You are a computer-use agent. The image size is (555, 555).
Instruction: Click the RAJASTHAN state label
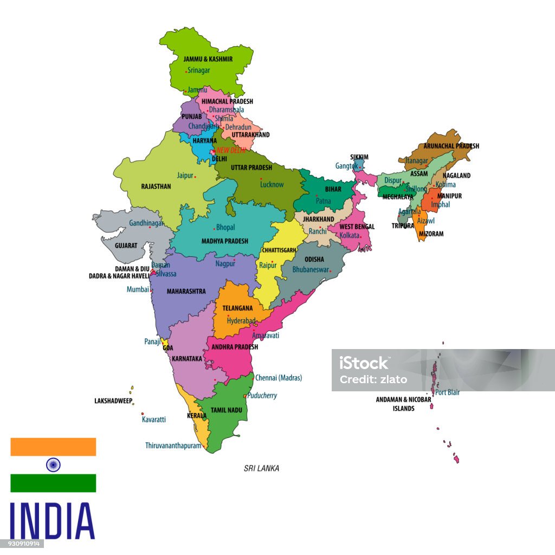click(x=156, y=186)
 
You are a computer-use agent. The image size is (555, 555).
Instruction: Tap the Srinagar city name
click(x=199, y=70)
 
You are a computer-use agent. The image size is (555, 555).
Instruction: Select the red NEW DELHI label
click(x=231, y=151)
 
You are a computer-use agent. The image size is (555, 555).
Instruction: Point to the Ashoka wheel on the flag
click(x=53, y=464)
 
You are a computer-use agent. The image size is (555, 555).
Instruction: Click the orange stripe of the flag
click(x=53, y=447)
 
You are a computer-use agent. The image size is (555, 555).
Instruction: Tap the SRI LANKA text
click(x=261, y=468)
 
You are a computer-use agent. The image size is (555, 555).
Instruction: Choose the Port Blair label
click(x=447, y=392)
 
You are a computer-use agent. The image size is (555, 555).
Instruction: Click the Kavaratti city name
click(x=154, y=420)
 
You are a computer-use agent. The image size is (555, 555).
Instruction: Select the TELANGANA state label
click(x=237, y=308)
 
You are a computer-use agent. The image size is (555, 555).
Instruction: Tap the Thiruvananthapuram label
click(x=173, y=446)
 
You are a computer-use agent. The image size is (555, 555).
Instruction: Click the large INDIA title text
click(x=52, y=521)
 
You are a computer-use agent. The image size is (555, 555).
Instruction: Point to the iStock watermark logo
click(x=364, y=363)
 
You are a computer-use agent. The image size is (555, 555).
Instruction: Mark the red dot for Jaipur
click(x=195, y=177)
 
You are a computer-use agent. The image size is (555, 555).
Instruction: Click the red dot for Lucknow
click(x=261, y=179)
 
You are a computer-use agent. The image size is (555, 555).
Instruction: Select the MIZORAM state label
click(x=431, y=234)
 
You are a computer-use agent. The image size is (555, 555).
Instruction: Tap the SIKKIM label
click(x=359, y=157)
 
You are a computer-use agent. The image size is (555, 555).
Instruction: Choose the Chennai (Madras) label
click(x=279, y=378)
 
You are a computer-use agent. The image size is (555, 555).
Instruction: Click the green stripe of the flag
click(x=53, y=483)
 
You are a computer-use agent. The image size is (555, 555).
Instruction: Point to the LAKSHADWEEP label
click(x=113, y=401)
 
